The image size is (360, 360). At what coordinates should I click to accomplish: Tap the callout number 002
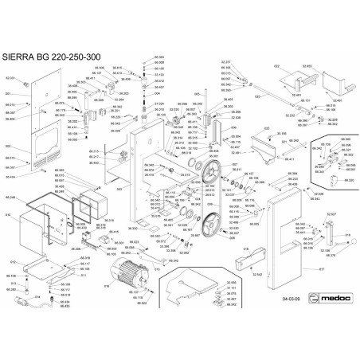tap(9, 147)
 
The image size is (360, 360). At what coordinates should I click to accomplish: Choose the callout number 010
tap(9, 215)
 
